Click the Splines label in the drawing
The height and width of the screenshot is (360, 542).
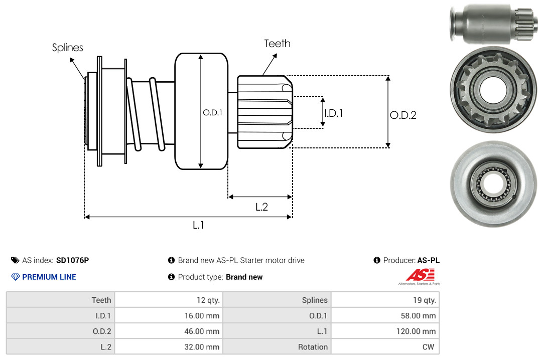67,47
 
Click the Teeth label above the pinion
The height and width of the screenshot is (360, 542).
277,44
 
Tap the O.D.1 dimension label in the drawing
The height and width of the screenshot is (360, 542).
213,112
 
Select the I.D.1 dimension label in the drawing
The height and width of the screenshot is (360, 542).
334,113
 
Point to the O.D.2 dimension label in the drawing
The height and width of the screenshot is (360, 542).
403,115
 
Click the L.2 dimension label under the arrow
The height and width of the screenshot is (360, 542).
261,207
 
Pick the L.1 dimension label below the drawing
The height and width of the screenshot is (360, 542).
198,225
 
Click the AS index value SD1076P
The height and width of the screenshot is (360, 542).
73,260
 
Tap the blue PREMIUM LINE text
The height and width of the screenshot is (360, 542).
49,277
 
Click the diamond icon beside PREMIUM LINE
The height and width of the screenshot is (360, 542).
16,277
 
